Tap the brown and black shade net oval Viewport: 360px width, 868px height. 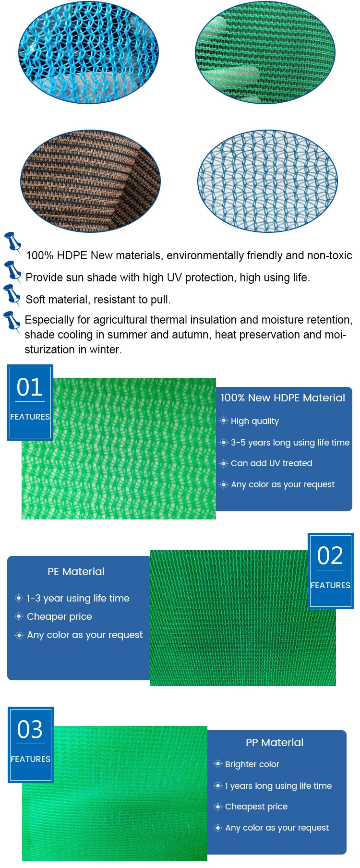(x=90, y=181)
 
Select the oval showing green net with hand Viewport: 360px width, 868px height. (x=265, y=53)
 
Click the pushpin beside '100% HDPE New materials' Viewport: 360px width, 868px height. (x=12, y=242)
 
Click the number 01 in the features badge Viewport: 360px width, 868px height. (x=30, y=387)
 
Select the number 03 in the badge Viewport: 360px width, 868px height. (x=30, y=730)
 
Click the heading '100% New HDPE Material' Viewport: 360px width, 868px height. (x=283, y=398)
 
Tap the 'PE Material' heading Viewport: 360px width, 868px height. (x=76, y=572)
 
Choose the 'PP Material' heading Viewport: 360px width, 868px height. (x=275, y=743)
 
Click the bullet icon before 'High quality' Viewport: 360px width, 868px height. (x=224, y=421)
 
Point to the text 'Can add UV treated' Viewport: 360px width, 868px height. (x=272, y=463)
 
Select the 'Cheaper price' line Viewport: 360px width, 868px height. (x=60, y=616)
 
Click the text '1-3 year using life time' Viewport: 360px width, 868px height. (x=78, y=598)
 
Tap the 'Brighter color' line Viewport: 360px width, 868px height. (x=252, y=764)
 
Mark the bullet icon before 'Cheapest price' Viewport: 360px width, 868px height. (x=218, y=807)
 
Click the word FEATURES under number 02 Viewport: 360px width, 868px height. (x=330, y=585)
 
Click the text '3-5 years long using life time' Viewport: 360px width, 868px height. (x=290, y=443)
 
